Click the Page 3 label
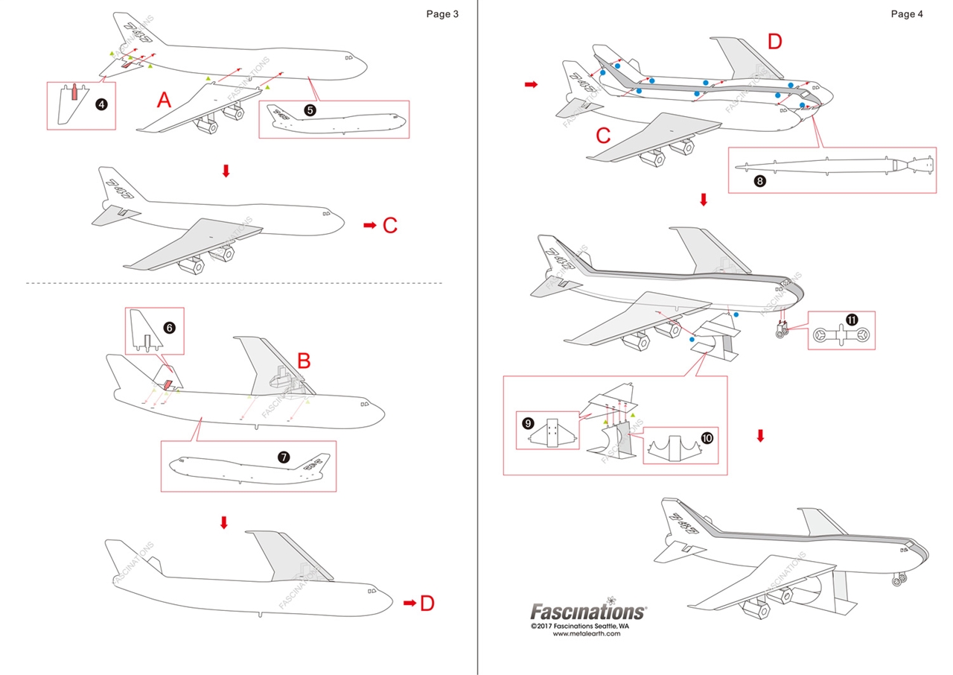(x=442, y=13)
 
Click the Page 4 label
(x=906, y=13)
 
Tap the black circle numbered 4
(x=101, y=104)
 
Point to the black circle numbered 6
(x=169, y=327)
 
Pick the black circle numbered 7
(x=284, y=460)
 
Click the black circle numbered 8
(x=759, y=180)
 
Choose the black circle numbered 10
(x=706, y=438)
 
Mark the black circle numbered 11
(x=852, y=320)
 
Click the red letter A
(x=166, y=98)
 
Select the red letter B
(x=304, y=361)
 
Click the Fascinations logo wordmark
(x=587, y=611)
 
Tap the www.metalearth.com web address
(x=587, y=634)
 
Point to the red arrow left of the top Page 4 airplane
(x=531, y=85)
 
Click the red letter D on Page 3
(x=427, y=603)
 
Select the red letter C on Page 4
(x=604, y=135)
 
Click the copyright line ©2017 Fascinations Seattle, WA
(x=587, y=627)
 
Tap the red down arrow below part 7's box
(x=224, y=523)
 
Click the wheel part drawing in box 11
(x=837, y=337)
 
